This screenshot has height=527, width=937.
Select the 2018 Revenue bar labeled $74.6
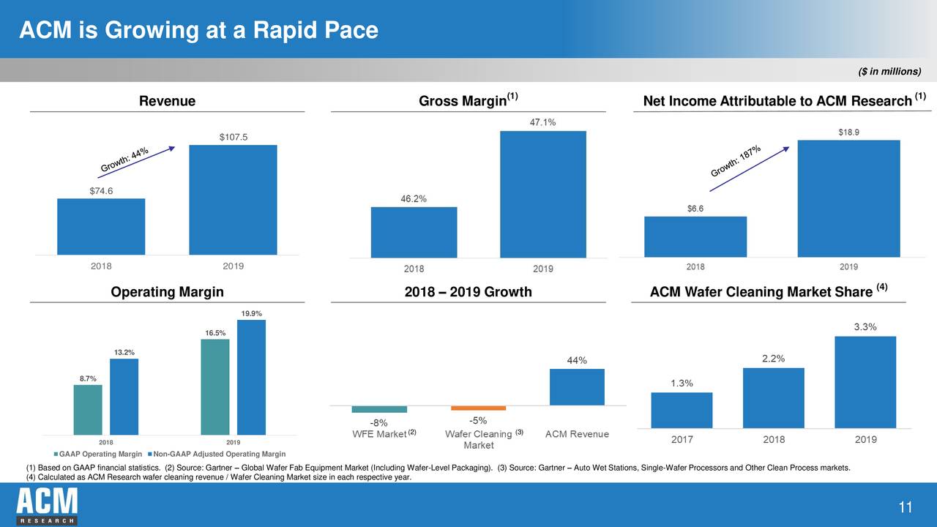[x=101, y=226]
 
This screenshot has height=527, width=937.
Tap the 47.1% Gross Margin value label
[x=542, y=122]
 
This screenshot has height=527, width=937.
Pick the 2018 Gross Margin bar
[x=414, y=232]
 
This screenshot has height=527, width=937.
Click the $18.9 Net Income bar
[x=848, y=198]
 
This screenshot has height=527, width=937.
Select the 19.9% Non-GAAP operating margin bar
[x=251, y=377]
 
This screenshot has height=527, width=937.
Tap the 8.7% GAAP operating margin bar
[x=88, y=410]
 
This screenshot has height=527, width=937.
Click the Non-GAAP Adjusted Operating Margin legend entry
[x=216, y=455]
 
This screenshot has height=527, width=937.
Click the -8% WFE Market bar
[x=379, y=409]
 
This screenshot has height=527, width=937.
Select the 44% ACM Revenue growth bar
[x=577, y=386]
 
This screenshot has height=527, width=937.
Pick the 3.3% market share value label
[x=865, y=326]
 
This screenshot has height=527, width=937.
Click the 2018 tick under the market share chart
[x=774, y=440]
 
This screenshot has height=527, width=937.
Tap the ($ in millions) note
[x=890, y=70]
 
